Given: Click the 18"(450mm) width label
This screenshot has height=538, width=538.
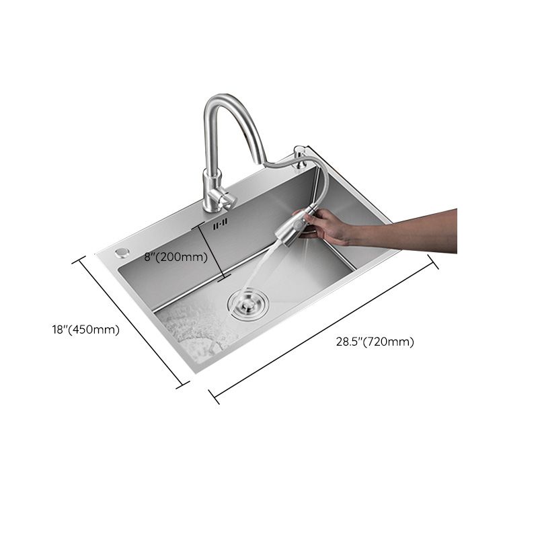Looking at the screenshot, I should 85,330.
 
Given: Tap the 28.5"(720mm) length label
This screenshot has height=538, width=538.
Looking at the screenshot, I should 375,342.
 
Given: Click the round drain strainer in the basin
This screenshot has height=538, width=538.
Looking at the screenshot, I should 247,302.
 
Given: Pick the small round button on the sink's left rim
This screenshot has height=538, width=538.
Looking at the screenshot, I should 122,252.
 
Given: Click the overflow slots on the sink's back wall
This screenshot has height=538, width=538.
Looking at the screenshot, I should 221,223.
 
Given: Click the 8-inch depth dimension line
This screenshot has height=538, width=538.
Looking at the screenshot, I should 211,252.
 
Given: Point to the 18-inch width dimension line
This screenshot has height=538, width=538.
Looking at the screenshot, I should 132,321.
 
